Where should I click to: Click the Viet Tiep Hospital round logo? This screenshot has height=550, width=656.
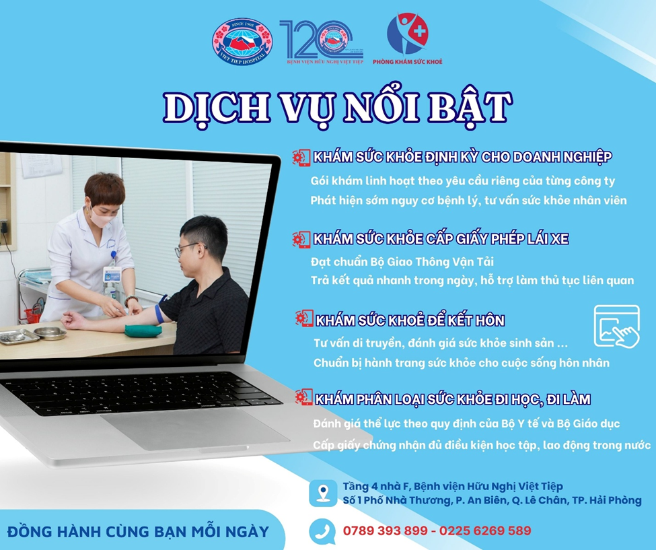242,42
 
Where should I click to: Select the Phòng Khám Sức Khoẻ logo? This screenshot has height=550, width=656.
408,38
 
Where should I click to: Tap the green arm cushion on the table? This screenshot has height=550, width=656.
143,331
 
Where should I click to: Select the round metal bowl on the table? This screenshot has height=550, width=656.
50,333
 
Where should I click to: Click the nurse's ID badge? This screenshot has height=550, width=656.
112,274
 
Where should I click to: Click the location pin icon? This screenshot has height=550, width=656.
323,493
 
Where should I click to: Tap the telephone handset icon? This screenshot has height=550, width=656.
322,531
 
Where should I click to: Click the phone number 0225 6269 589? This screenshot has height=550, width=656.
485,530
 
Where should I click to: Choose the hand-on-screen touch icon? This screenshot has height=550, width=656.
617,326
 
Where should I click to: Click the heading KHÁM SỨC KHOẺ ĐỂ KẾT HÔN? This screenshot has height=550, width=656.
410,320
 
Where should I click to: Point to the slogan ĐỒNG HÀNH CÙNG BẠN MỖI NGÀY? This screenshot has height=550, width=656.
139,532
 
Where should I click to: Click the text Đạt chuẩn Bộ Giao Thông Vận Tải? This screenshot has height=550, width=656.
402,262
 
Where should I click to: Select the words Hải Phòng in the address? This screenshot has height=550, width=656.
616,500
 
